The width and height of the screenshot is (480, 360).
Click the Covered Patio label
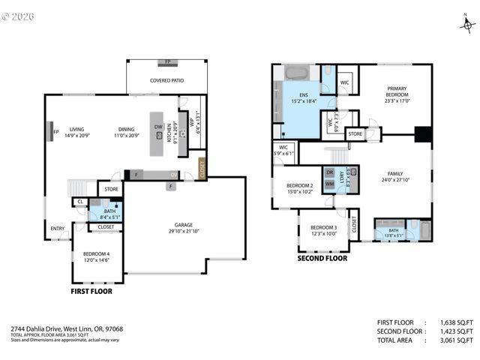pyautogui.click(x=166, y=80)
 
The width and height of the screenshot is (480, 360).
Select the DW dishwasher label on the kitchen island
pyautogui.click(x=158, y=127)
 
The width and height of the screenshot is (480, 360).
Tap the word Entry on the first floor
pyautogui.click(x=58, y=229)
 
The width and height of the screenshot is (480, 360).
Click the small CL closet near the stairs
pyautogui.click(x=79, y=202)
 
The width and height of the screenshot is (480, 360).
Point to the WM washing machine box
pyautogui.click(x=329, y=184)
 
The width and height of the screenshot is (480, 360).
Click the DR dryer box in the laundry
pyautogui.click(x=329, y=172)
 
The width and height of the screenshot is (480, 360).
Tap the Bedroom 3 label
pyautogui.click(x=323, y=229)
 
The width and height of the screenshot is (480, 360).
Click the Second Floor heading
pyautogui.click(x=322, y=259)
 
